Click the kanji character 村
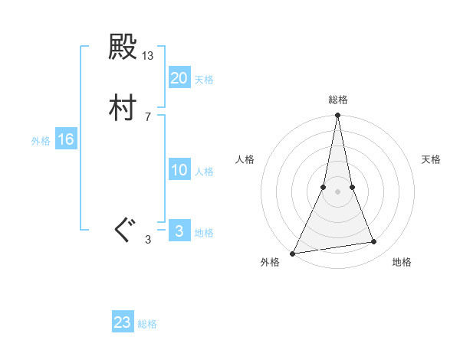[x=123, y=109]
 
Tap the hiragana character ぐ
[x=123, y=228]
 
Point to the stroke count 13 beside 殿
[x=148, y=56]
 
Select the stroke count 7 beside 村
[x=148, y=116]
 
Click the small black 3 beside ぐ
[x=148, y=240]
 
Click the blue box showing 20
[x=179, y=77]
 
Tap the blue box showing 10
[x=179, y=170]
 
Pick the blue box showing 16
[x=66, y=139]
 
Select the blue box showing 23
[x=123, y=322]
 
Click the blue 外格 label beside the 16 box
[x=41, y=141]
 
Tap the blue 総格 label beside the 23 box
[x=147, y=324]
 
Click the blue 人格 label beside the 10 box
[x=205, y=172]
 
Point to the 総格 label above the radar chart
[x=338, y=100]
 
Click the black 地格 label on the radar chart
[x=402, y=262]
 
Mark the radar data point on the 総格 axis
[x=338, y=116]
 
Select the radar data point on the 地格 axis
[x=374, y=242]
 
